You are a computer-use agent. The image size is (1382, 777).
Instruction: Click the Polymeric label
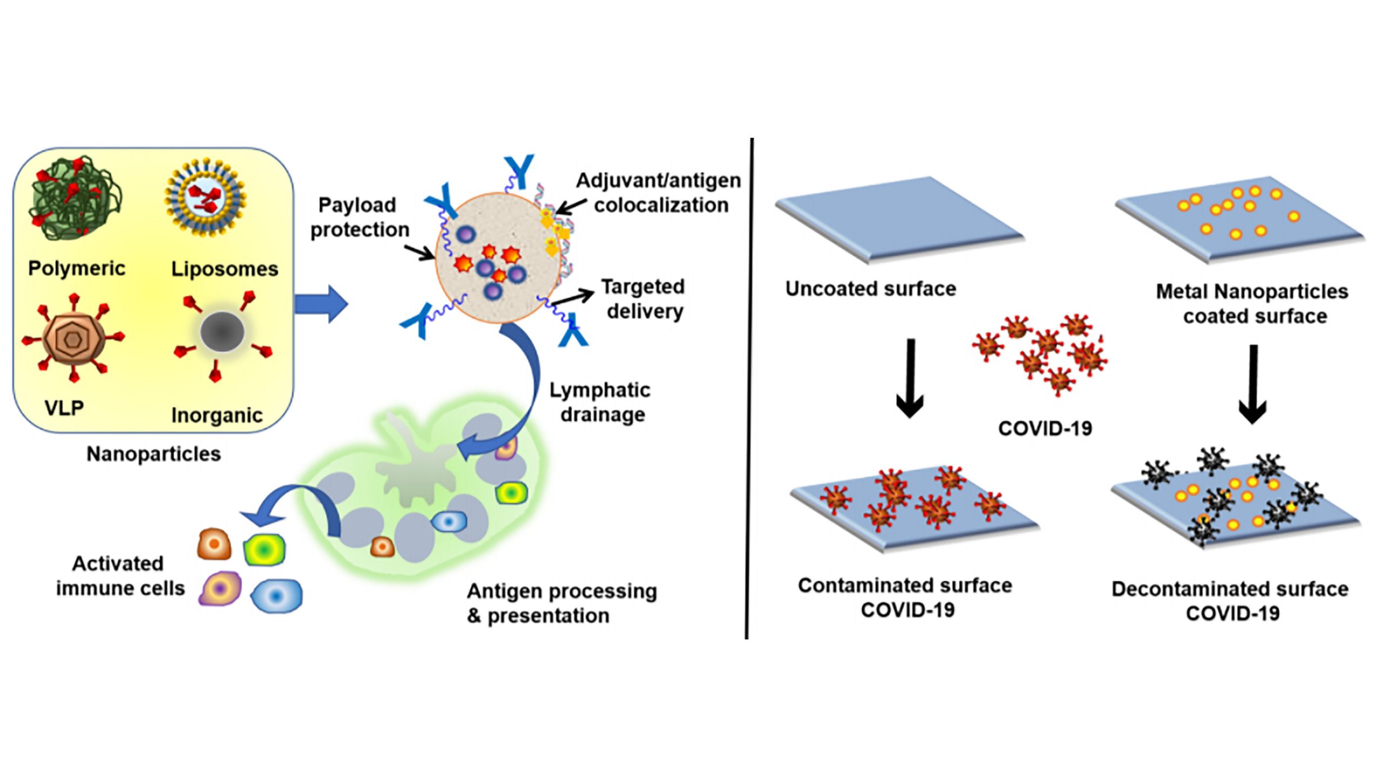77,268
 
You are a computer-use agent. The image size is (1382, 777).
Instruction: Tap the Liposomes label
225,269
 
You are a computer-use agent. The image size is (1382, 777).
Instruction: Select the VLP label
64,408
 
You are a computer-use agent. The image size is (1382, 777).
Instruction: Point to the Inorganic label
217,415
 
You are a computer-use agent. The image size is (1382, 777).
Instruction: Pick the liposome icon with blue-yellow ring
205,197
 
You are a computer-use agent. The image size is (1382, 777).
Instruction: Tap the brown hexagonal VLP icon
73,339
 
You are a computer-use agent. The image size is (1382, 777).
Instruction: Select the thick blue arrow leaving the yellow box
321,304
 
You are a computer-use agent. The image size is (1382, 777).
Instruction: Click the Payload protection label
360,217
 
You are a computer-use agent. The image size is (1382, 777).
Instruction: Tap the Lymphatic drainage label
600,402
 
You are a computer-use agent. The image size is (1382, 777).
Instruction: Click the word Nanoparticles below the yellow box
154,454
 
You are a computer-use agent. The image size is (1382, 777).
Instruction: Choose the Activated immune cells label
120,576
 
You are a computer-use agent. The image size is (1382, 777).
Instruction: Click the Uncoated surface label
870,289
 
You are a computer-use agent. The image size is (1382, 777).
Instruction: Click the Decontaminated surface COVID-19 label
1230,601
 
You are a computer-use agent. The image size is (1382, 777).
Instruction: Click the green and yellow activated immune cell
265,550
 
